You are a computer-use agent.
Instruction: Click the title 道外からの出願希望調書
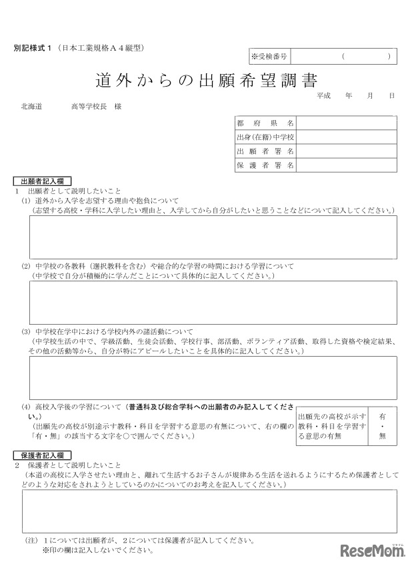(206, 81)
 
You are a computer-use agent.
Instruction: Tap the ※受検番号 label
(269, 57)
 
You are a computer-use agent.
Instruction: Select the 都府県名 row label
(265, 123)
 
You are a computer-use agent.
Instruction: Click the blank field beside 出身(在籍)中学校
(347, 137)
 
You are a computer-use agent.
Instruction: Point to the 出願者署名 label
(265, 151)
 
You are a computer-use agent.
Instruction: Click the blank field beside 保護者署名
(347, 165)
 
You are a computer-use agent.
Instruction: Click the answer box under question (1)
(213, 237)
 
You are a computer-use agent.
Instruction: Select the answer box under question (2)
(213, 302)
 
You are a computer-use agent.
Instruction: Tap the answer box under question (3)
(213, 377)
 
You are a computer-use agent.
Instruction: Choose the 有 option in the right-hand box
(382, 414)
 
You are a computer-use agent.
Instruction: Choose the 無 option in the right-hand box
(382, 436)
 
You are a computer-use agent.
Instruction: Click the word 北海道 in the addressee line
(32, 107)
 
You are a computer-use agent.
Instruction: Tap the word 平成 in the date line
(324, 96)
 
